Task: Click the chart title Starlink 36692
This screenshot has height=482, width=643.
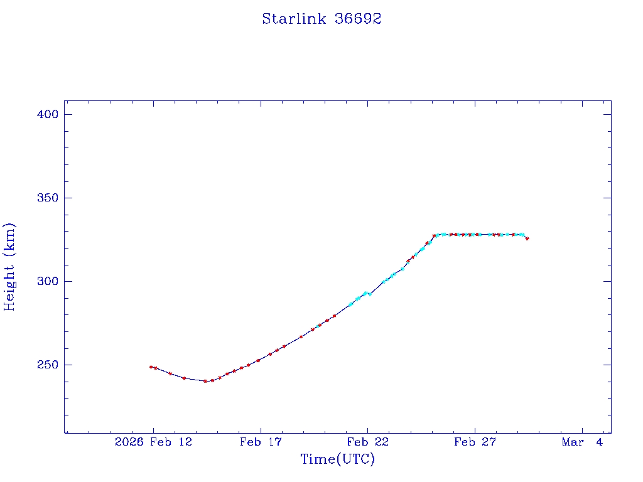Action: [x=321, y=19]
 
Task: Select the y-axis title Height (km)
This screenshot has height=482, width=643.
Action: [x=9, y=267]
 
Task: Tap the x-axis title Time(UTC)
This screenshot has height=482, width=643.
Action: [x=337, y=459]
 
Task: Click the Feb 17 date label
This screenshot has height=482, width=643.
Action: [x=261, y=442]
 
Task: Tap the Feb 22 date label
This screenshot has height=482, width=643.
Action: [x=368, y=442]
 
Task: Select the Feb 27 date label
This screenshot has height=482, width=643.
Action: [x=475, y=442]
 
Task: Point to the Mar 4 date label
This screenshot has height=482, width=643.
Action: [x=582, y=442]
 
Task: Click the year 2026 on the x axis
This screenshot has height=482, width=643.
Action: [x=129, y=442]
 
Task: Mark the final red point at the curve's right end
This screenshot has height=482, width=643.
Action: [x=527, y=238]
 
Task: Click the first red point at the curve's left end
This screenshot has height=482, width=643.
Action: [x=151, y=367]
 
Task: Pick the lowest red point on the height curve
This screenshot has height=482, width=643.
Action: [x=205, y=381]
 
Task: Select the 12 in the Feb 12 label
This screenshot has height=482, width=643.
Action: [x=185, y=442]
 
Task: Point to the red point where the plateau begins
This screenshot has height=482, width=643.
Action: [x=434, y=236]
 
